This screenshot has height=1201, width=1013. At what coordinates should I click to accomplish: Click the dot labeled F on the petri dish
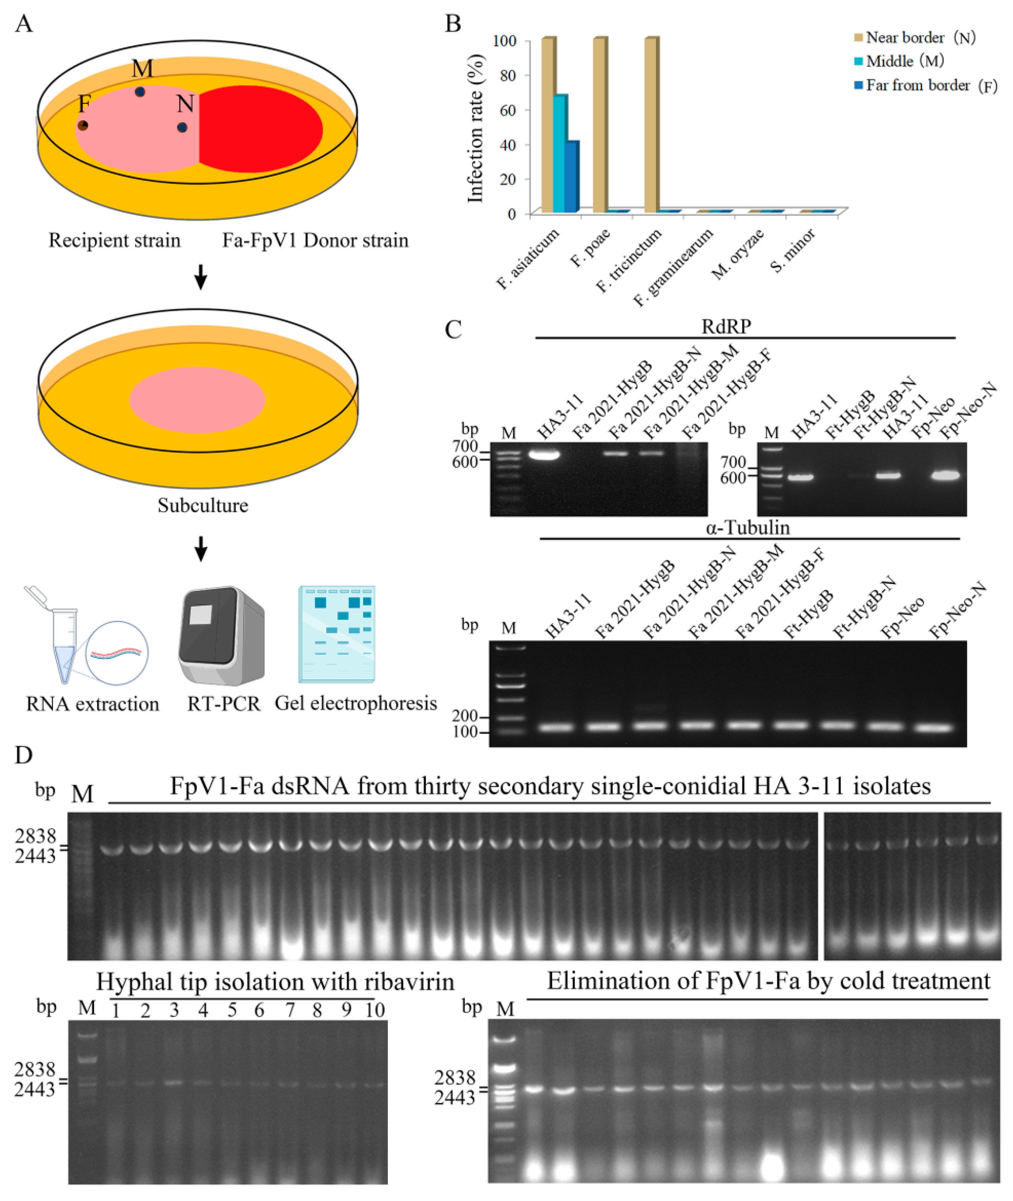point(83,125)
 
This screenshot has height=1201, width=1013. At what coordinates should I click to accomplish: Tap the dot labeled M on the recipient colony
point(140,92)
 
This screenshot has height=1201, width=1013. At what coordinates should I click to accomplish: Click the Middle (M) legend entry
point(899,61)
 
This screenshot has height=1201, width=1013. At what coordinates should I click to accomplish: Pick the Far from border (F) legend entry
point(925,85)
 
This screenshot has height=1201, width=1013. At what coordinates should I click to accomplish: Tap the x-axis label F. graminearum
point(673,267)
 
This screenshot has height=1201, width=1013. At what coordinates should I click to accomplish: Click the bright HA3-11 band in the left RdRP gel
point(544,455)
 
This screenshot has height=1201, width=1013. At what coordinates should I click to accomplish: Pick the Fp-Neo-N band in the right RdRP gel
point(945,475)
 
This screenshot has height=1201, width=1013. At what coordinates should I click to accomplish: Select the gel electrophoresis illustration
point(337,634)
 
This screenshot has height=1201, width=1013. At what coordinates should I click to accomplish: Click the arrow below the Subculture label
point(200,549)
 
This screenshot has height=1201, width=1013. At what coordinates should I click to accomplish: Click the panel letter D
point(24,755)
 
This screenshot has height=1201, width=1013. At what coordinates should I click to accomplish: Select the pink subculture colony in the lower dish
point(197,400)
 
